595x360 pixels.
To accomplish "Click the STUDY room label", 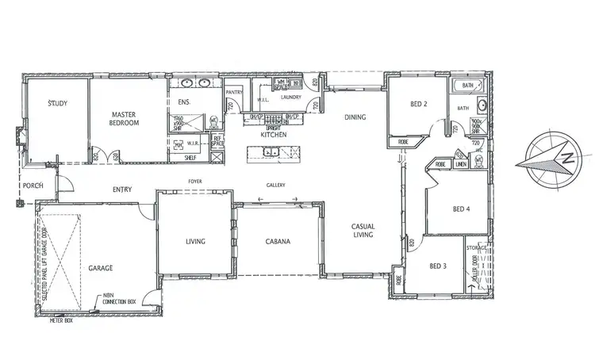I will pos(56,103).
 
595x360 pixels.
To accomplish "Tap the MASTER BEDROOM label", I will pos(125,118).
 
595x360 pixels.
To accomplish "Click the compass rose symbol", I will pos(545,157).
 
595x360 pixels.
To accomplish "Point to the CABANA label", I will pos(278,242).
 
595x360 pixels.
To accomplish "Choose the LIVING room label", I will pos(195,241).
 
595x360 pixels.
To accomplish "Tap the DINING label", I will pos(355,118).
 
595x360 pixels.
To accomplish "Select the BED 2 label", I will pos(420,104).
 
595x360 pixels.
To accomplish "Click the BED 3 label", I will pos(438,266).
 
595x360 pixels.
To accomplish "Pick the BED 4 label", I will pos(462,209).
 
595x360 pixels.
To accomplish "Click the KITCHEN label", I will pos(274,135).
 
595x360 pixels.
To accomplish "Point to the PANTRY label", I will pos(234,93).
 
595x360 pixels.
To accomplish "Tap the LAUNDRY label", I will pos(291,98).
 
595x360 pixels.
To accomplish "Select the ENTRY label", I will pos(122,189).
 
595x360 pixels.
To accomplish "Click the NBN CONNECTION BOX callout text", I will pos(119,300).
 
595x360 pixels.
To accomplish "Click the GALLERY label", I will pos(275,185).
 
